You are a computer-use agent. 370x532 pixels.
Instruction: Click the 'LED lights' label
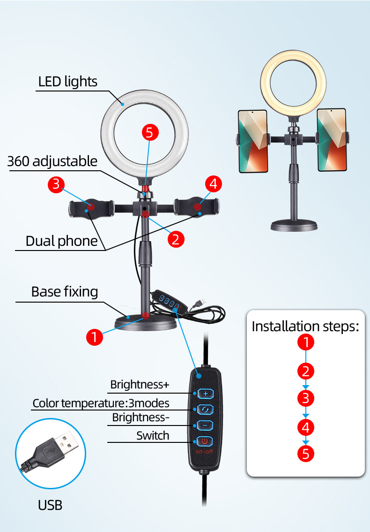click(67, 82)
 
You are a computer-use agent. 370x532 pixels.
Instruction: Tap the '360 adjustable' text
click(52, 161)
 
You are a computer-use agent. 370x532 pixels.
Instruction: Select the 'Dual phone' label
click(61, 241)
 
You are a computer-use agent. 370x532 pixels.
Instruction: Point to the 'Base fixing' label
click(65, 292)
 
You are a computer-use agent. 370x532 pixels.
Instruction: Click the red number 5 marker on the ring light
click(149, 132)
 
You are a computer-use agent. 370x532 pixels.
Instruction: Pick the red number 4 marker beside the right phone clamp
click(214, 184)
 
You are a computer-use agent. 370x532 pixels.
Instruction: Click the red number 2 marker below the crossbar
click(176, 239)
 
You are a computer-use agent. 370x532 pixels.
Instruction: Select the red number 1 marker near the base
click(95, 337)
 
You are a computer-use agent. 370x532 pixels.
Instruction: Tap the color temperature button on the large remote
click(205, 409)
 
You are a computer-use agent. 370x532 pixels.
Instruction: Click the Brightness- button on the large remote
click(205, 425)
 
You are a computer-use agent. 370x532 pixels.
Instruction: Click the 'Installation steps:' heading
click(305, 326)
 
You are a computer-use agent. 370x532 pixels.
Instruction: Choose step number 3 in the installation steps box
click(306, 399)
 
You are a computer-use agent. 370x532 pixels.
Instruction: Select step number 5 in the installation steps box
click(306, 454)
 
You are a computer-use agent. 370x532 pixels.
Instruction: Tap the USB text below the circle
click(50, 505)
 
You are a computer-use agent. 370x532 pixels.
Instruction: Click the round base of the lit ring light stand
click(294, 225)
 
